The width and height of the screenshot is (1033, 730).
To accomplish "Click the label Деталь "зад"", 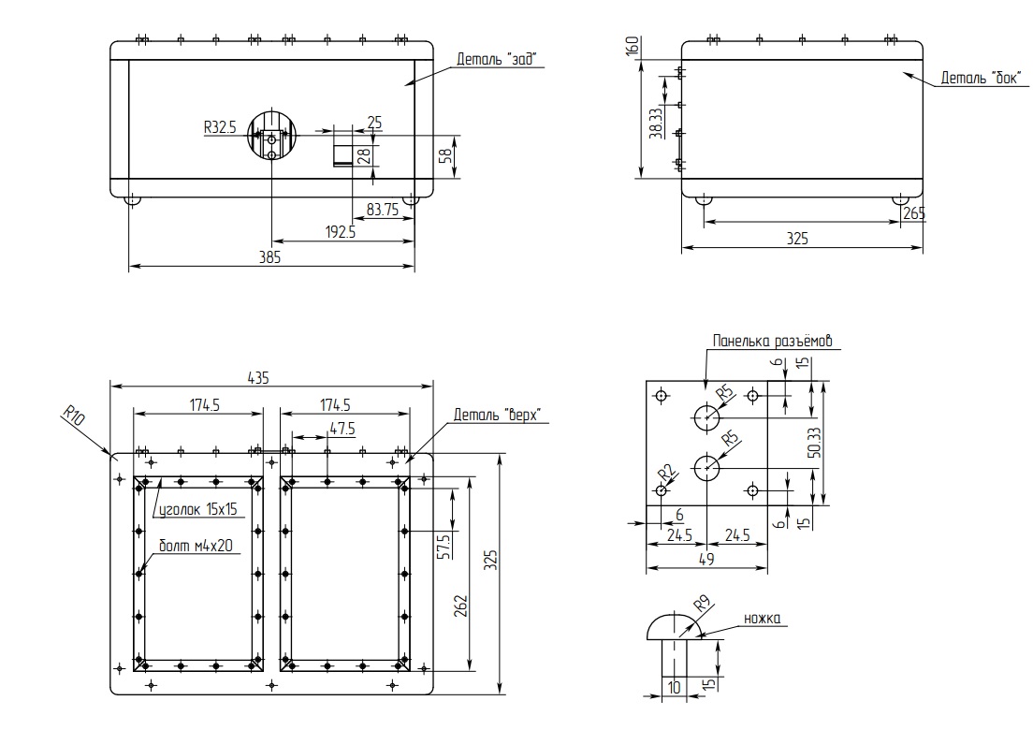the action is click(498, 59).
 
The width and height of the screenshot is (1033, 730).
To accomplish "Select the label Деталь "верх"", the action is click(498, 415).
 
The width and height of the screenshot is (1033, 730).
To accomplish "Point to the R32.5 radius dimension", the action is click(220, 127).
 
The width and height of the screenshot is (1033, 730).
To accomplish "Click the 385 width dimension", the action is click(270, 257).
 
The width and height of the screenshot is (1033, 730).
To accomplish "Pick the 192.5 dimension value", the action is click(341, 232).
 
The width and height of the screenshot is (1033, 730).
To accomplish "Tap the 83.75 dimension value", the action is click(383, 210).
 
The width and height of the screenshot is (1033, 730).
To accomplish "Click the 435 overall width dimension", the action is click(258, 377).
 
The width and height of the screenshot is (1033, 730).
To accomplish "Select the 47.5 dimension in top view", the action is click(342, 429).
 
